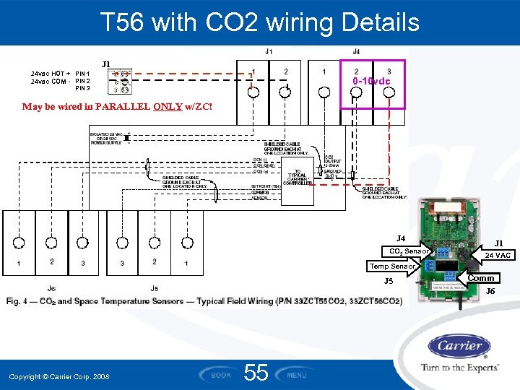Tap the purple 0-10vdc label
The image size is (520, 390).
point(370,81)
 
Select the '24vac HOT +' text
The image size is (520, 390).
point(51,74)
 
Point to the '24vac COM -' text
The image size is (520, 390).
point(51,81)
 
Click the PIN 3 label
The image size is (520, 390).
point(83,88)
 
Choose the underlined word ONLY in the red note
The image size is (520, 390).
point(168,107)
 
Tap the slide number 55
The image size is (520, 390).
point(256,373)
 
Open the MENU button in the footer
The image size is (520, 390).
point(297,375)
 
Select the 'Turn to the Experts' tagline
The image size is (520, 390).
point(459,368)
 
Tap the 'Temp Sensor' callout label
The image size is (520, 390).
point(392,266)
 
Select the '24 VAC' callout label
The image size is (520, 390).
point(498,255)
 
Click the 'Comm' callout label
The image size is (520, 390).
point(481,278)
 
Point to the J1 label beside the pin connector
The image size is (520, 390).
point(106,64)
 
